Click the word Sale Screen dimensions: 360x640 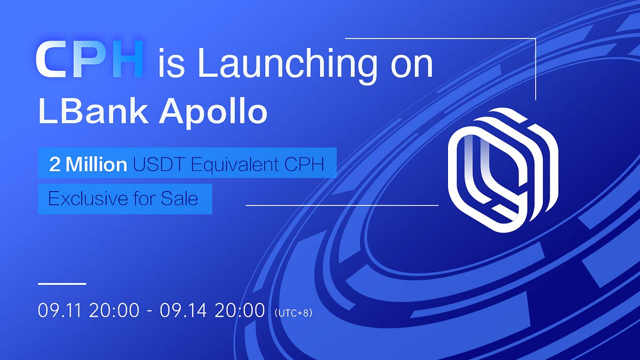179,199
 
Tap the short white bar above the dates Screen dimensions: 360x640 62,284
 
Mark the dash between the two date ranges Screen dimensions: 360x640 150,311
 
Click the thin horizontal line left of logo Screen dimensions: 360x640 341,205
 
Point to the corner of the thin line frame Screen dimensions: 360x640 535,38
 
